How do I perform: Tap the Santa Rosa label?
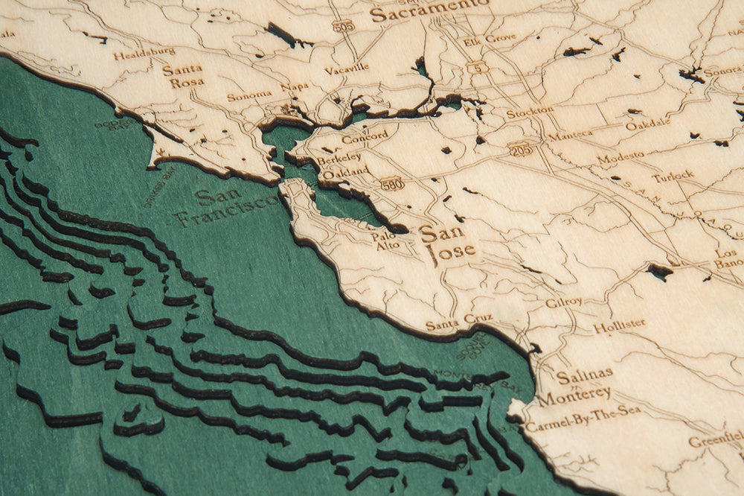pos(183,76)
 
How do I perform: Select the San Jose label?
pos(446,243)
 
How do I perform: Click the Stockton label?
pos(530,112)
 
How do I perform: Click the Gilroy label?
pos(563,303)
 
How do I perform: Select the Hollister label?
pos(619,325)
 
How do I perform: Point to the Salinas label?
pos(585,375)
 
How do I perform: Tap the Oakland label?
pos(345,173)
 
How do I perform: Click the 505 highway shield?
pos(343,25)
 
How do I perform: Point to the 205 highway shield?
pos(520,149)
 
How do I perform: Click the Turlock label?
pos(673,177)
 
